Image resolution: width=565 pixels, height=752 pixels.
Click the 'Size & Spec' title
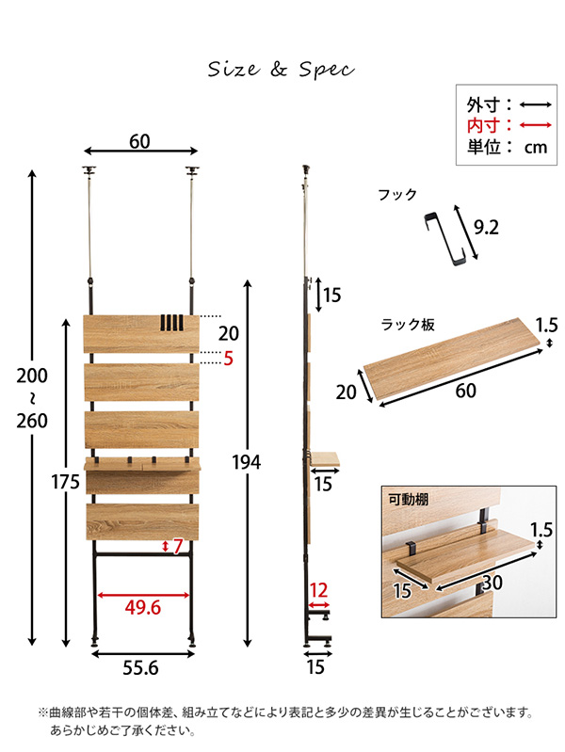(282, 70)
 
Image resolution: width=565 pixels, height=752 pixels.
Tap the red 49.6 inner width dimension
(142, 608)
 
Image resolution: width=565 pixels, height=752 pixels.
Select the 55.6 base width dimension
(140, 667)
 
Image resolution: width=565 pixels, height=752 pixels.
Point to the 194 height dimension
(247, 462)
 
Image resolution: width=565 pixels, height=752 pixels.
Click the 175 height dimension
(65, 482)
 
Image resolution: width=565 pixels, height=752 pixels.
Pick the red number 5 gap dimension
(228, 359)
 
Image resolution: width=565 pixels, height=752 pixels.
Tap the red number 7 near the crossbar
(178, 546)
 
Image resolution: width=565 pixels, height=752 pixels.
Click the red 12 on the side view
(318, 590)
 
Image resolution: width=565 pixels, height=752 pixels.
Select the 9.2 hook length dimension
(486, 228)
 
